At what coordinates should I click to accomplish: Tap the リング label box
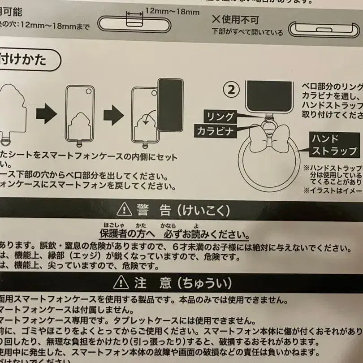[220, 117]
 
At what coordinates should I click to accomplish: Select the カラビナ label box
[215, 131]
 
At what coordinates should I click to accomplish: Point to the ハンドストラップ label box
[334, 144]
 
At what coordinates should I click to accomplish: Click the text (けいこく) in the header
[202, 209]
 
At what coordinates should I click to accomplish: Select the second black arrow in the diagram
[113, 116]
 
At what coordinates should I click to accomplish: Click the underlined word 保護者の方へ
[127, 234]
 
